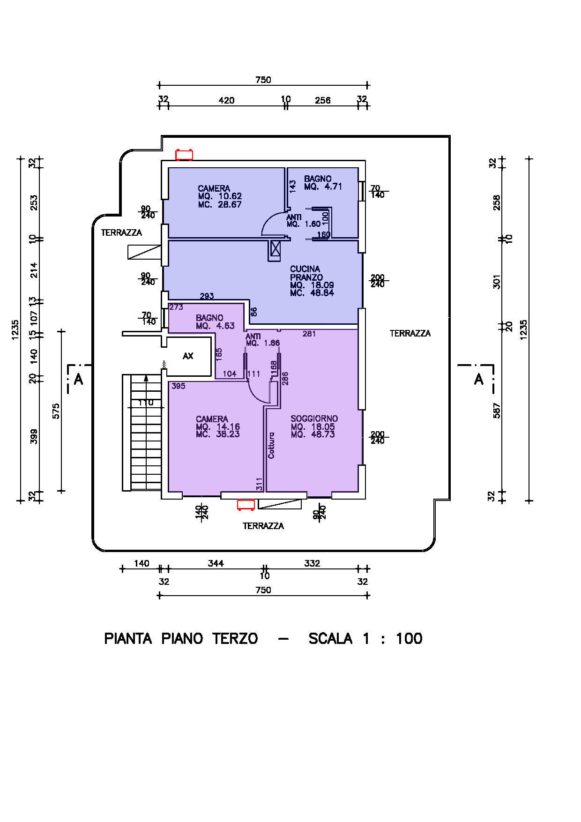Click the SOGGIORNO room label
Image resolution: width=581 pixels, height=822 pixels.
314,418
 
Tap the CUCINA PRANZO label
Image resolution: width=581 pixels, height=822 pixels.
305,273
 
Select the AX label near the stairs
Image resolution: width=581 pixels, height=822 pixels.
188,356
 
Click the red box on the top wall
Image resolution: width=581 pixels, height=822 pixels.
184,155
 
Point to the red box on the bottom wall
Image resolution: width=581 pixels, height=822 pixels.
246,505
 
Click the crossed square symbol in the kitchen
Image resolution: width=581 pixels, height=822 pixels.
276,249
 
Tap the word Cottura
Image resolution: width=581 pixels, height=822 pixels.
271,445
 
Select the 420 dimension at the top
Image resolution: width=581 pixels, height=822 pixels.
226,100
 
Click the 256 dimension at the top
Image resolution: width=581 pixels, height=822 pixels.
322,100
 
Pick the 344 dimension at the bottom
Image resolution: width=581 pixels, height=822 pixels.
216,563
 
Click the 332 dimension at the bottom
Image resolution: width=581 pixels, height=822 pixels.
312,563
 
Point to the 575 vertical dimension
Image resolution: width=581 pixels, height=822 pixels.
56,411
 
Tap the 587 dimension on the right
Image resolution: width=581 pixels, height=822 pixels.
497,411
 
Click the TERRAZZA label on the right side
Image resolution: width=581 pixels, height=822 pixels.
410,333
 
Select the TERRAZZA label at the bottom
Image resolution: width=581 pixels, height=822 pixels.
263,526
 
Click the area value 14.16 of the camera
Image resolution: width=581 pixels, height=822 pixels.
228,426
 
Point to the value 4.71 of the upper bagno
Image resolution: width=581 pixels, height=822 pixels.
333,187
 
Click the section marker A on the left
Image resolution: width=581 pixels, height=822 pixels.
79,379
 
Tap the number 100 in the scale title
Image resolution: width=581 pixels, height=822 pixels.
409,638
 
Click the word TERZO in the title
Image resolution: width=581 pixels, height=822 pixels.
235,638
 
